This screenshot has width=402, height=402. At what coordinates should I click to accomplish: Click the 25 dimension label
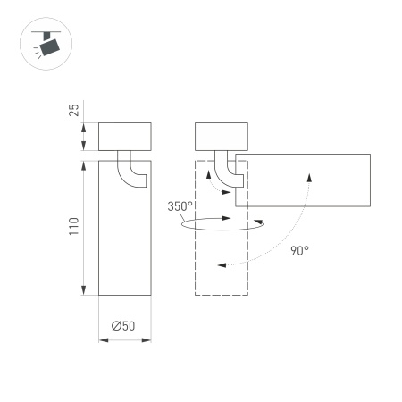click(75, 110)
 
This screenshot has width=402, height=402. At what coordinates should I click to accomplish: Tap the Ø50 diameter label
click(123, 326)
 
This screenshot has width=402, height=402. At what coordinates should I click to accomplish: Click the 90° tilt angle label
click(299, 250)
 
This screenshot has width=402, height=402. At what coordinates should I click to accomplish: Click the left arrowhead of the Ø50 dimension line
click(101, 342)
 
